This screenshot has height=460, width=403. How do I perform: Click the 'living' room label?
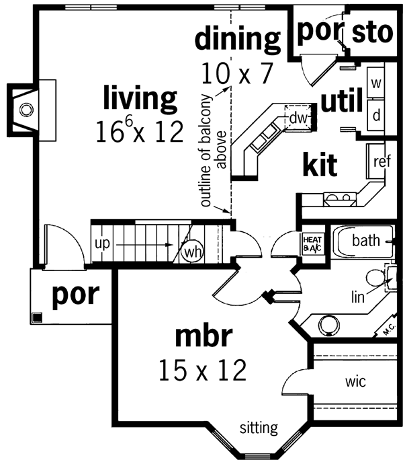[140, 99]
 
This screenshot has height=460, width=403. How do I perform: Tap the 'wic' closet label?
[355, 382]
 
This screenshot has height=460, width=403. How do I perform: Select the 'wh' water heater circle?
[189, 252]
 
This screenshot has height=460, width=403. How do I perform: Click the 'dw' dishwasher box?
[298, 117]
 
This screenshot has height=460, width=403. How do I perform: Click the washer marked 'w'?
[376, 84]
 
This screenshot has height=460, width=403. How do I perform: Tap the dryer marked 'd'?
[376, 114]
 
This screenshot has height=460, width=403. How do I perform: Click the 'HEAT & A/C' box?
[313, 243]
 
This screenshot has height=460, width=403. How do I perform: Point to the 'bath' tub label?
[366, 240]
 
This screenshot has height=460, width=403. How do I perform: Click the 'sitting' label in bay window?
[259, 427]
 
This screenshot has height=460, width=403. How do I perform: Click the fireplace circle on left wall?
[26, 108]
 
